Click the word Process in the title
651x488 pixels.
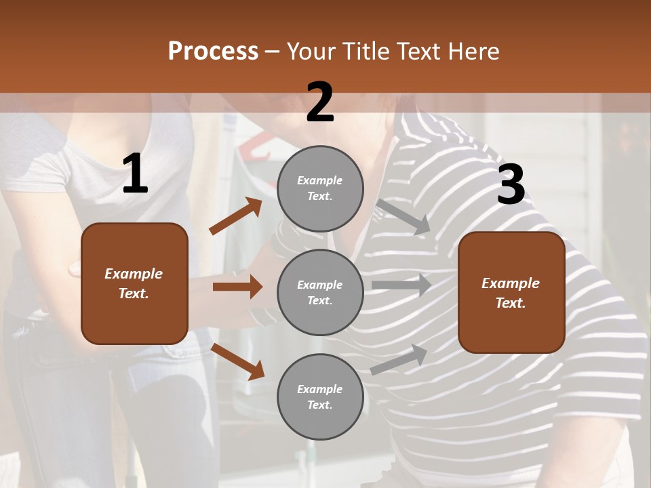coord(213,52)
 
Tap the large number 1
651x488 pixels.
coord(135,174)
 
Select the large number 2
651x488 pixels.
coord(320,102)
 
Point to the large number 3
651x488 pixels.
coord(511,184)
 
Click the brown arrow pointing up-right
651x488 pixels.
coord(236,216)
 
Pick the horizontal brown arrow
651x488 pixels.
coord(237,287)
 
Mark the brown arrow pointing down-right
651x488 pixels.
coord(238,361)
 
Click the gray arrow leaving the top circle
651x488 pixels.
coord(403,216)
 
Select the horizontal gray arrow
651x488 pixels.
coord(401,285)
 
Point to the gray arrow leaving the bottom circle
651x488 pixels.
coord(399,359)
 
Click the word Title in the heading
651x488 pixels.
coord(368,52)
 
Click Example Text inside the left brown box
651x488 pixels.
coord(134,283)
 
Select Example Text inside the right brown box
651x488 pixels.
coord(511,293)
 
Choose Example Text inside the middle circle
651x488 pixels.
coord(320,292)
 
